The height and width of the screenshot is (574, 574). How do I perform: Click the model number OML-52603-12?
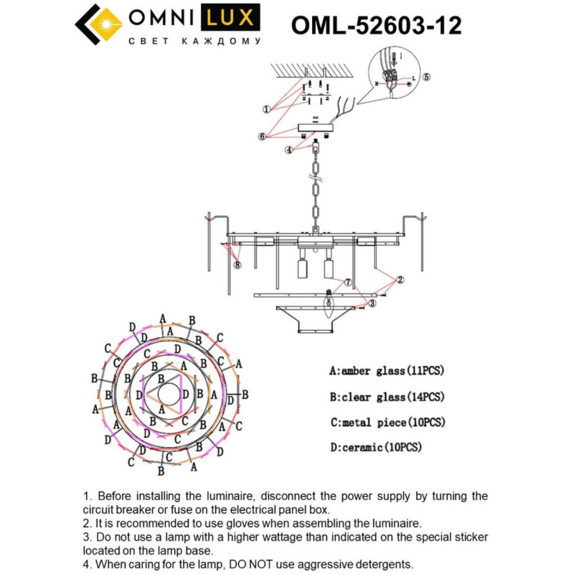[376, 26]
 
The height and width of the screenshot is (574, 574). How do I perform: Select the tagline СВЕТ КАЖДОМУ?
[194, 42]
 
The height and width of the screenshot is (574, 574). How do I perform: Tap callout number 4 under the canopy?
[288, 150]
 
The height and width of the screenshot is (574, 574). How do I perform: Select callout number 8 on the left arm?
[237, 264]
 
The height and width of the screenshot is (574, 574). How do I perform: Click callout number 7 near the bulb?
[347, 283]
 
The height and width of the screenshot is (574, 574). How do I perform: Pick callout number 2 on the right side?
[400, 279]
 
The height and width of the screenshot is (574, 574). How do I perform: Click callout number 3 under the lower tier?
[372, 304]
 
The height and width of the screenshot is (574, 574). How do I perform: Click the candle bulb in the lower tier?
[329, 304]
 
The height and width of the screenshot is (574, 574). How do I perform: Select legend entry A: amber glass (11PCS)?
[387, 372]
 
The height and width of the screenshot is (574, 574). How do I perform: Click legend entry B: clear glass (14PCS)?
[387, 397]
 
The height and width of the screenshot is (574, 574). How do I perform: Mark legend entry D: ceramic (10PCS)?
[375, 447]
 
